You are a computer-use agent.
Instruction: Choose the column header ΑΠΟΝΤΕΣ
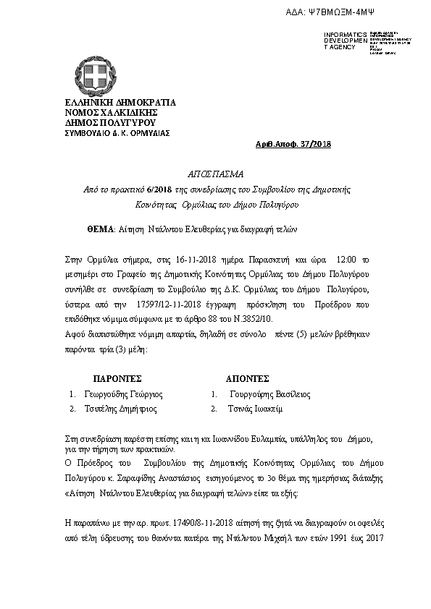click(x=248, y=378)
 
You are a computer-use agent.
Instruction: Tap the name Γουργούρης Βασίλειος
click(x=269, y=395)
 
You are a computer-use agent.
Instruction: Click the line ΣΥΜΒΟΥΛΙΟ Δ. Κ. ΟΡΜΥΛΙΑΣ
click(x=117, y=133)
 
